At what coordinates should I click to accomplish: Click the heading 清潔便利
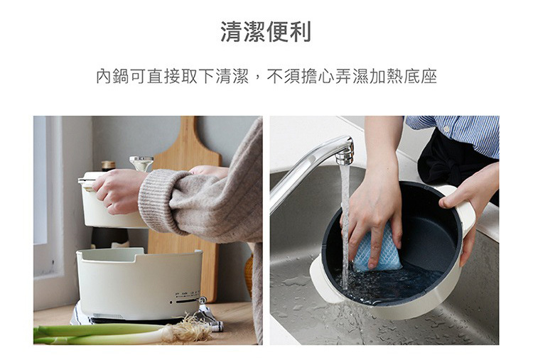(x=266, y=32)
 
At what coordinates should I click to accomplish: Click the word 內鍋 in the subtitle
(x=112, y=76)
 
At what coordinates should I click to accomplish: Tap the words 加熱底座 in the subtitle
(x=403, y=76)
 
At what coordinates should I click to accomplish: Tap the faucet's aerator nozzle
(x=345, y=156)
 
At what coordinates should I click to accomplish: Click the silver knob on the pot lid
(x=141, y=163)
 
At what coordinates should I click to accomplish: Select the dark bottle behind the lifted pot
(x=109, y=165)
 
